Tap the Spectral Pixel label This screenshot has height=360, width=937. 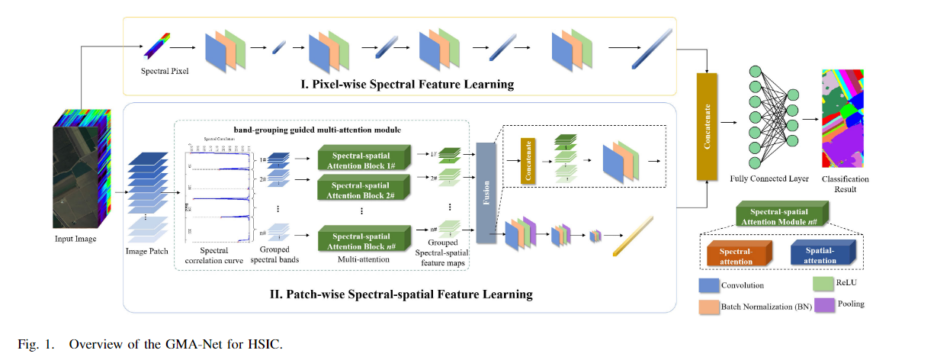click(165, 71)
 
